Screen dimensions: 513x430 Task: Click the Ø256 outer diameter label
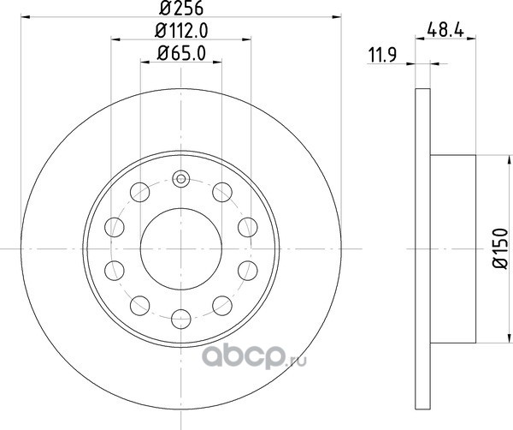point(181,8)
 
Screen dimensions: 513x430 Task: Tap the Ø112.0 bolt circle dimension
point(181,31)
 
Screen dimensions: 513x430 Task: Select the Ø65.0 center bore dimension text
point(181,53)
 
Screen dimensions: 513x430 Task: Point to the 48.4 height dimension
point(445,31)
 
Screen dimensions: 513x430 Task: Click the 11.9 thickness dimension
point(382,55)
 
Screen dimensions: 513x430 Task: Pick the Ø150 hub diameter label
point(500,248)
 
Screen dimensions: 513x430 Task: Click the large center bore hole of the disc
point(181,249)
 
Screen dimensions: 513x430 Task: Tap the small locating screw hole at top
point(181,179)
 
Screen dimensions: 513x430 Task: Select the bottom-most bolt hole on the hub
point(181,319)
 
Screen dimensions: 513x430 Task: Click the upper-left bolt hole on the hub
point(139,192)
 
